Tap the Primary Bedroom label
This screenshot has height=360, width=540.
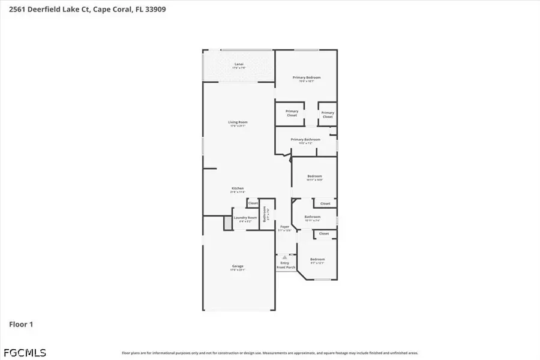pos(306,77)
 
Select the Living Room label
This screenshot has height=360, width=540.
pos(238,122)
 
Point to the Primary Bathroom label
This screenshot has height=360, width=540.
pos(305,140)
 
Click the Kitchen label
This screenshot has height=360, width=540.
pos(238,188)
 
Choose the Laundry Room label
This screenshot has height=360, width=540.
pos(245,218)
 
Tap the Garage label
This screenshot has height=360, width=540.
pos(238,266)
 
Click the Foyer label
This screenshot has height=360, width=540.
pos(285,227)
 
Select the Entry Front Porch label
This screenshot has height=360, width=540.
pos(285,265)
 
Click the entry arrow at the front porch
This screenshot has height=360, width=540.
pos(285,257)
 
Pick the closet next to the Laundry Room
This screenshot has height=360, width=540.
pos(253,203)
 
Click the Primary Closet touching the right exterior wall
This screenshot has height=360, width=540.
pos(327,114)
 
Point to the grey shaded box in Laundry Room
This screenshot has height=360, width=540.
pos(227,223)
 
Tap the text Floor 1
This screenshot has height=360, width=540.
pos(21,325)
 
